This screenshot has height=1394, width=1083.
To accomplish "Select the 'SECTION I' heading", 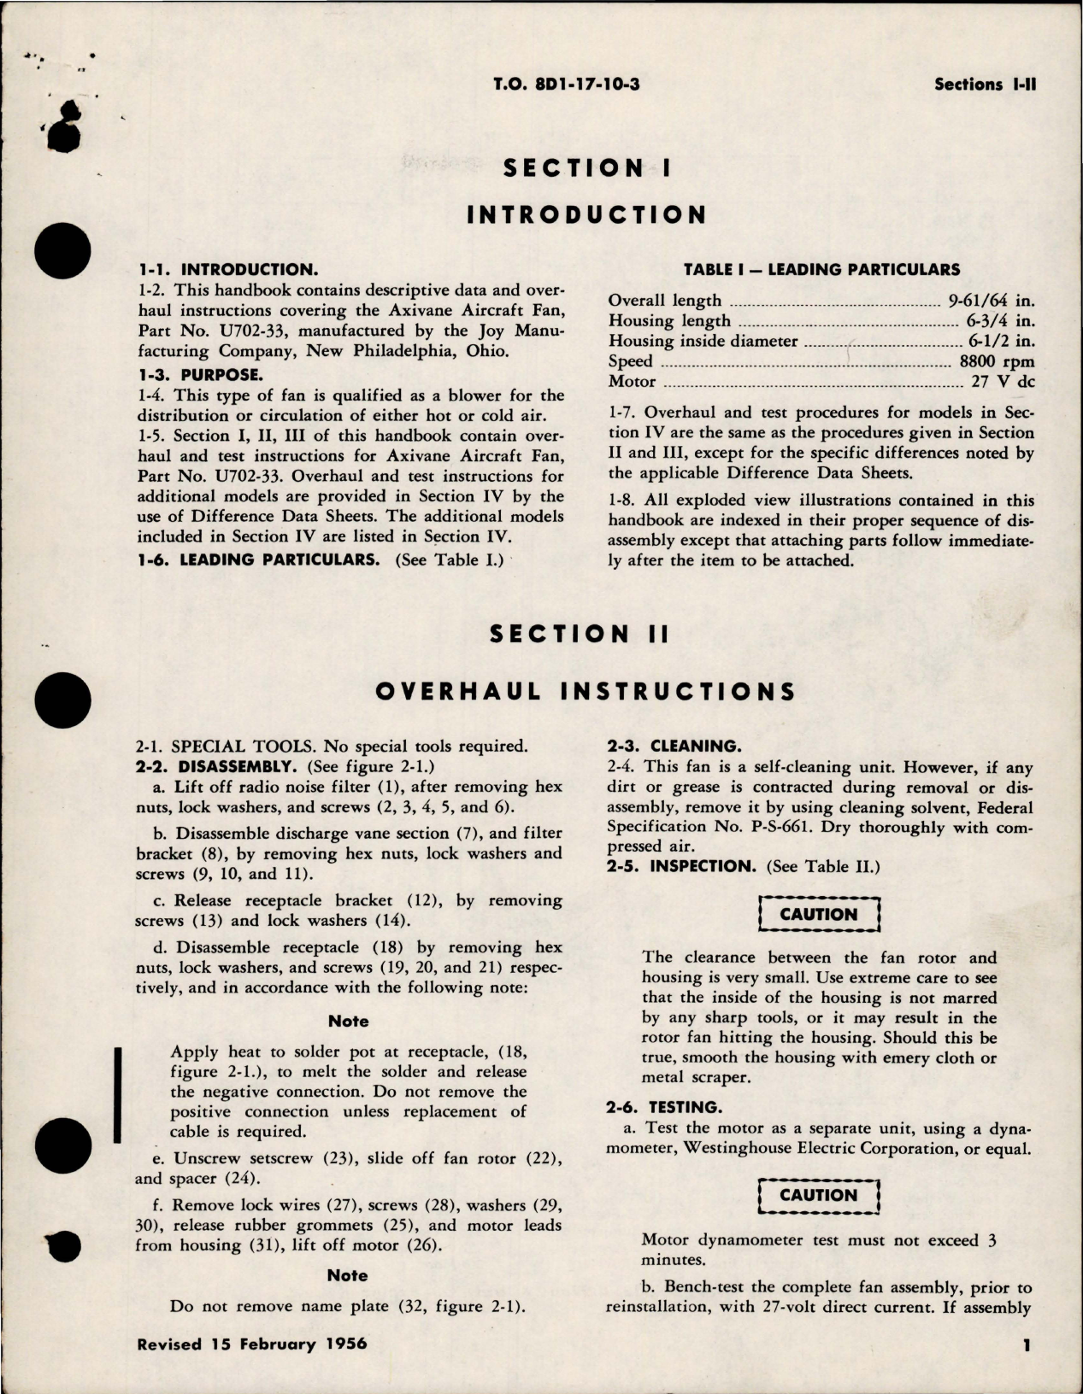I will coord(586,168).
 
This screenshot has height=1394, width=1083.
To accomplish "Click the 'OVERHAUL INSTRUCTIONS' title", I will coord(586,691).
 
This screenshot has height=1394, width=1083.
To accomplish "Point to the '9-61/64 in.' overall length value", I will coord(990,301).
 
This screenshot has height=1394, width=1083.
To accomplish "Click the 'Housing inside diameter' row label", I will coord(703,342).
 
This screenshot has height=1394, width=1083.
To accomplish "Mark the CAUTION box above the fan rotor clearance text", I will coord(818,914).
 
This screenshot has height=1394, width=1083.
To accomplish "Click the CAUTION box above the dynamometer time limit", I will coord(818,1195).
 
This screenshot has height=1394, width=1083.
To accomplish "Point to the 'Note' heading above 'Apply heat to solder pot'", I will coord(349,1022).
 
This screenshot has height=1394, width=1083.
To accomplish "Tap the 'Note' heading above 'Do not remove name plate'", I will coord(348,1275).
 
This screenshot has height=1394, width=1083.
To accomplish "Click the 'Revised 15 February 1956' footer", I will coord(251,1344).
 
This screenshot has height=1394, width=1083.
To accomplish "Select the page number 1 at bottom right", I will coord(1027,1346).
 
